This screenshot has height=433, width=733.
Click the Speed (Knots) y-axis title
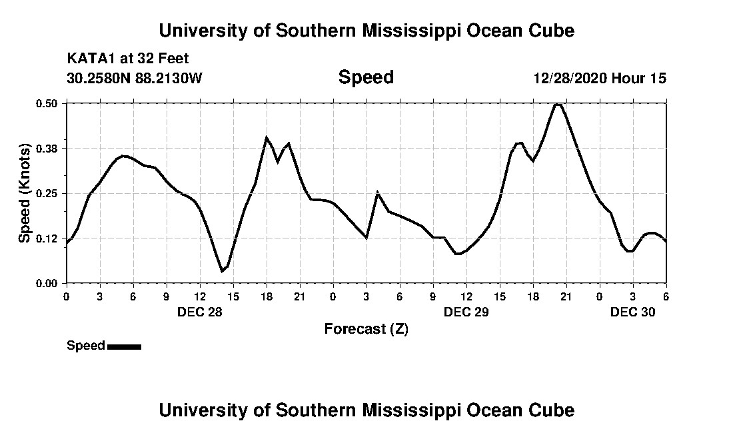click(x=25, y=193)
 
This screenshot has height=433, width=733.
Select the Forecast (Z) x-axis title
click(x=366, y=329)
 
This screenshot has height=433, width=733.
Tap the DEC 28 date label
click(x=200, y=312)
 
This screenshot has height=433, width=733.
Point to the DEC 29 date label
click(x=466, y=312)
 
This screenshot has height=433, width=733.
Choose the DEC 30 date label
click(x=633, y=312)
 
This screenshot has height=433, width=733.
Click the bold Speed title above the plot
click(x=366, y=78)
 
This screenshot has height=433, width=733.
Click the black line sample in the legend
click(x=124, y=346)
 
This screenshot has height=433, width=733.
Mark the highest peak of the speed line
click(x=558, y=104)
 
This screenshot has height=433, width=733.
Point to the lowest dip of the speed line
click(x=223, y=271)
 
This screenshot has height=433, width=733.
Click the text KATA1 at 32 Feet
click(x=128, y=59)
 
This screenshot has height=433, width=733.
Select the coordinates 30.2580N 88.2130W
click(x=135, y=79)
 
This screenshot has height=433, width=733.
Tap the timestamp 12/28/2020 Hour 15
click(x=600, y=79)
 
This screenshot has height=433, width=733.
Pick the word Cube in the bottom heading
click(x=550, y=410)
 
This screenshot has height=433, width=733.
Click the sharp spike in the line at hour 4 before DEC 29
click(x=377, y=193)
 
